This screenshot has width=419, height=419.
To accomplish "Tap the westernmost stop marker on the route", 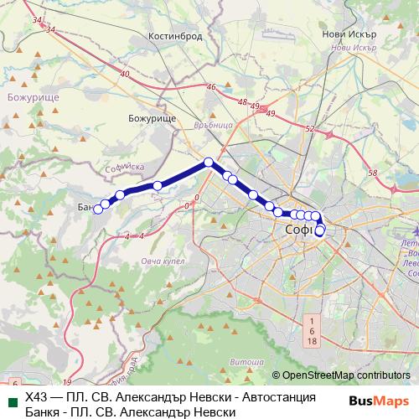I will (x=98, y=209).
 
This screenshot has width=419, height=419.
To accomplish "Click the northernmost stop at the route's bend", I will (x=209, y=162).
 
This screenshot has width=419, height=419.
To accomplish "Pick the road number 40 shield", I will (x=125, y=75).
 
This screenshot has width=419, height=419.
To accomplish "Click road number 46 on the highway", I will (x=211, y=87).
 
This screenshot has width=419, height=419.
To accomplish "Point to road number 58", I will (x=373, y=173).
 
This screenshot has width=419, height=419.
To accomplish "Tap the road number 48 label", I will (x=242, y=103).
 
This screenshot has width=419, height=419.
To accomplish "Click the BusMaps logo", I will (x=380, y=401).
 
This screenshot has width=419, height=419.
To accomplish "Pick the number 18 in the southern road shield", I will (x=312, y=341).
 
